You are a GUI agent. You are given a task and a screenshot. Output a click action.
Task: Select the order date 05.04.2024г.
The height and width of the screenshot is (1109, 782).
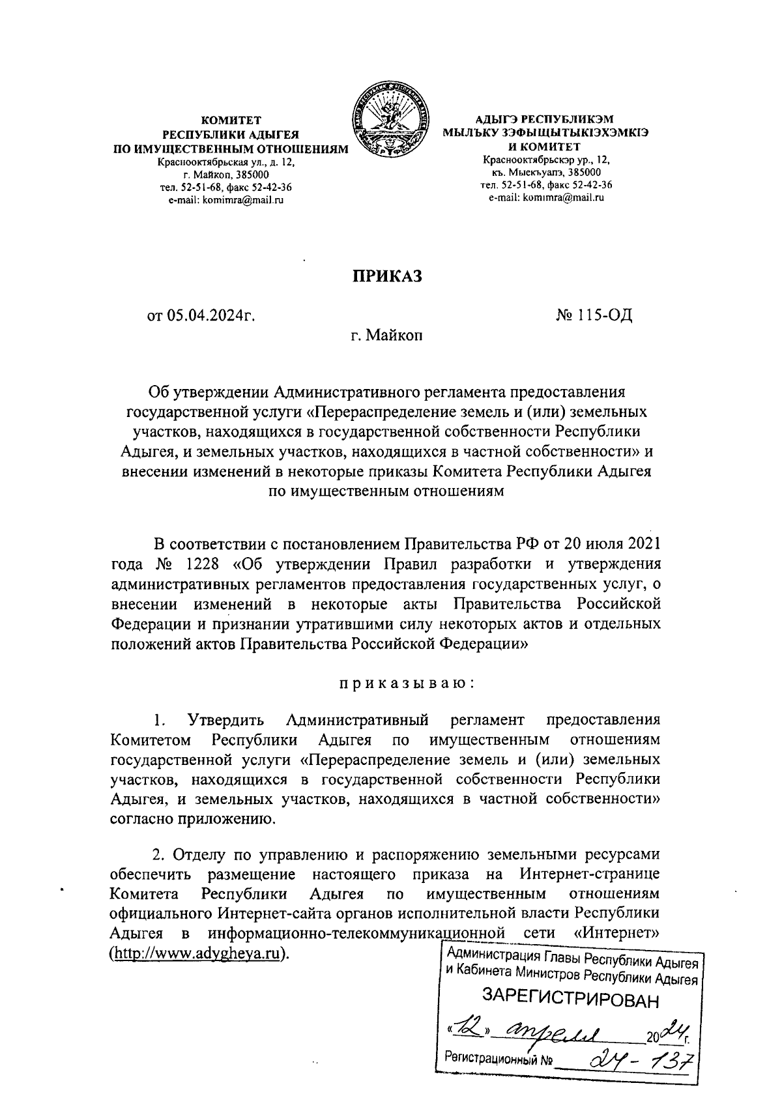click(x=201, y=317)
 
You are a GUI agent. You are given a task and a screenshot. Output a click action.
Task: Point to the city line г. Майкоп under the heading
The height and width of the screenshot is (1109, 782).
click(x=387, y=336)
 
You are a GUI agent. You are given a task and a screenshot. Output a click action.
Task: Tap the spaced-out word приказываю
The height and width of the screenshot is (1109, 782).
click(x=404, y=684)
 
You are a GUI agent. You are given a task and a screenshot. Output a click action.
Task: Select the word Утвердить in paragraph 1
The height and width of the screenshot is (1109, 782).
click(x=225, y=720)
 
